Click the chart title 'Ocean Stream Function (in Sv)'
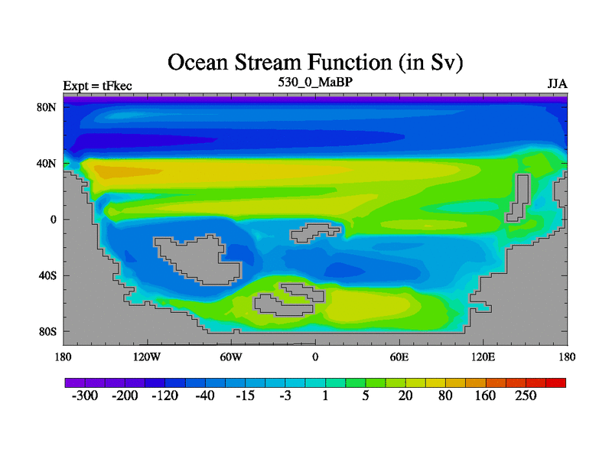315,63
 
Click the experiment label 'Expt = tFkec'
98,86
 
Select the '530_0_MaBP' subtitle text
315,82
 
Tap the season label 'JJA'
558,84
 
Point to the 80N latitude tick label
47,107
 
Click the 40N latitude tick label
47,163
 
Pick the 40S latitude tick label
47,275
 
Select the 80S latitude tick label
47,332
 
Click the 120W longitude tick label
147,356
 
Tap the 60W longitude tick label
231,356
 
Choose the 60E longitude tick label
399,356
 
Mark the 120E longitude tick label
483,356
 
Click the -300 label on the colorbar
85,396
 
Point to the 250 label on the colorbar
526,396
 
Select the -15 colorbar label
245,396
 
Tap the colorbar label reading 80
445,396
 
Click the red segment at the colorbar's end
556,382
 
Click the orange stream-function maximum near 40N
125,171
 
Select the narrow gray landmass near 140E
518,197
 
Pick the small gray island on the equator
314,233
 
